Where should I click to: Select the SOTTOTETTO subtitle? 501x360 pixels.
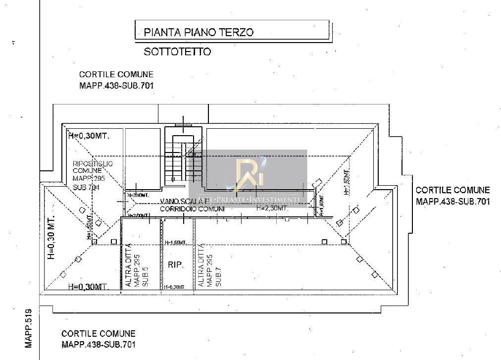[177, 51]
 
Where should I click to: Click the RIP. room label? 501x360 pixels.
[176, 265]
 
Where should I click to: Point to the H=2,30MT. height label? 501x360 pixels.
[272, 208]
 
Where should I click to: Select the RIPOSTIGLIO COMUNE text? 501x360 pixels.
[93, 167]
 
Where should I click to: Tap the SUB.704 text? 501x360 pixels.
[86, 188]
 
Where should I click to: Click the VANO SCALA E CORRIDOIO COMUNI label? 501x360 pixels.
[192, 206]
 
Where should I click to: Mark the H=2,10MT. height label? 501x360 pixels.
[138, 195]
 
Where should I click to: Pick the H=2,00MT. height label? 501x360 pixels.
[138, 216]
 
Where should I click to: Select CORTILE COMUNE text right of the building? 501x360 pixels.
[452, 190]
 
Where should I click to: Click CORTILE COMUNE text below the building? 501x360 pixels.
[98, 334]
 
